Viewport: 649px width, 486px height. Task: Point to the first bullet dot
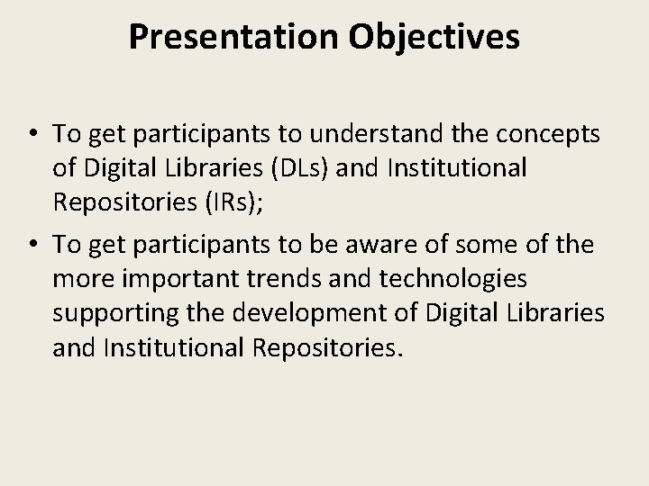coord(32,135)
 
